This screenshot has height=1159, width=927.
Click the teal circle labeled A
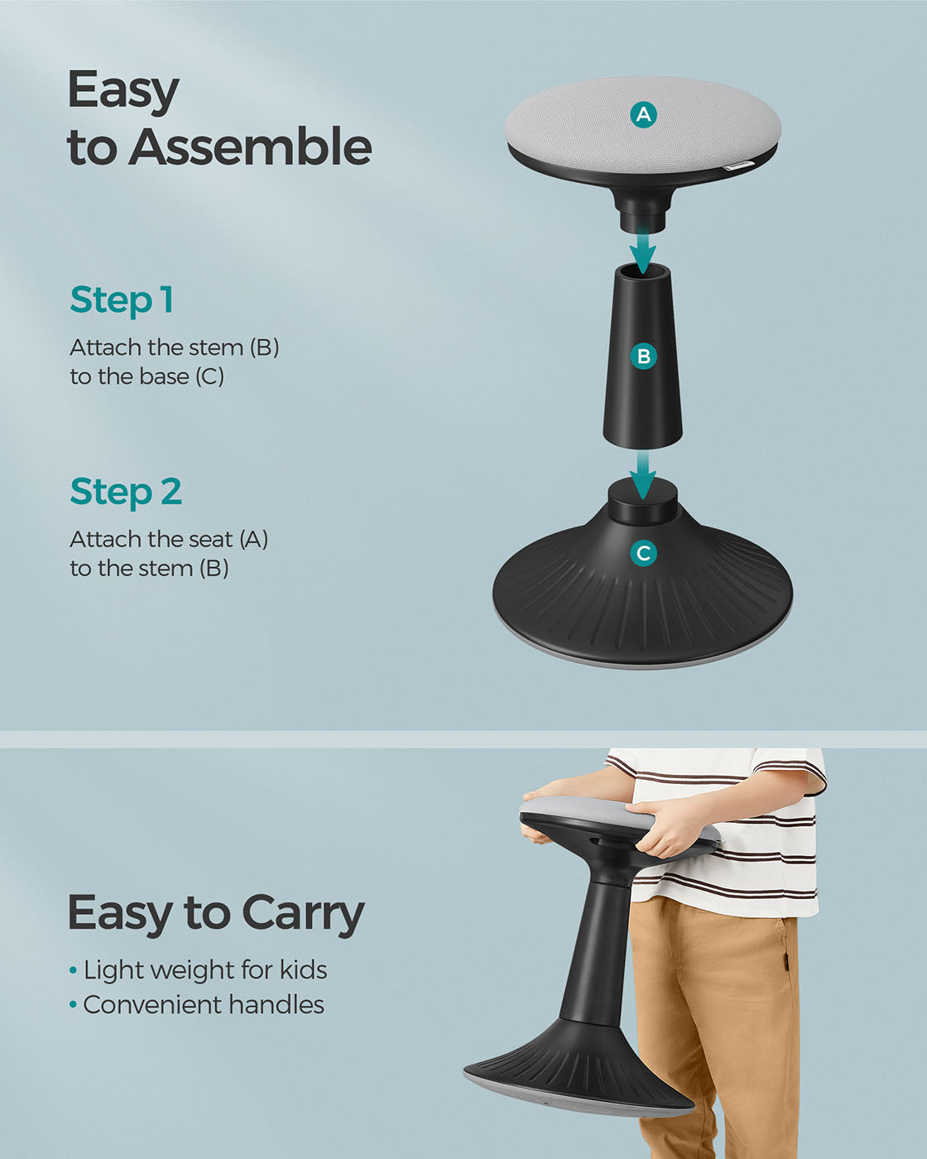[643, 115]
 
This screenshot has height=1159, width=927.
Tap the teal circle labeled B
[643, 356]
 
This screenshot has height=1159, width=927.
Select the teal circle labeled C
[643, 553]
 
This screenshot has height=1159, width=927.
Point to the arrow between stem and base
[643, 475]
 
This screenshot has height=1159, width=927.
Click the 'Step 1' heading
[122, 301]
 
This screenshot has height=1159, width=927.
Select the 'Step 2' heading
[126, 493]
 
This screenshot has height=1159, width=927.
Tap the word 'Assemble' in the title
[251, 146]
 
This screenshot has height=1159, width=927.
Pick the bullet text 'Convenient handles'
[204, 1004]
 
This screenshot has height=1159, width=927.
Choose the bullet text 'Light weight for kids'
[205, 970]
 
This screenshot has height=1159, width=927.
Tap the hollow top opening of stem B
[642, 271]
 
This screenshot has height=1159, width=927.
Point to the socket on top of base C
[642, 502]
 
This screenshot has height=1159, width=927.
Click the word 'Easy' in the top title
[123, 91]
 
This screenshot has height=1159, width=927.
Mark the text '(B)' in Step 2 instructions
[214, 568]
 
